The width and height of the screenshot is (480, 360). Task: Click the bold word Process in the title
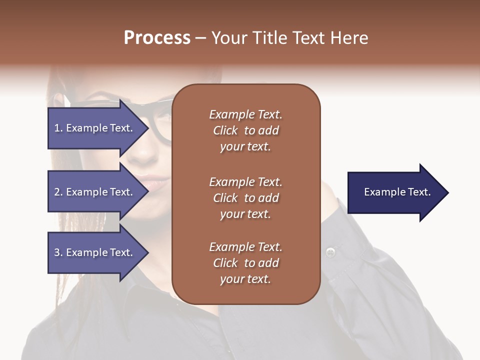coord(157,38)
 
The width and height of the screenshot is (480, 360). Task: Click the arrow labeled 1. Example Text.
coord(95,128)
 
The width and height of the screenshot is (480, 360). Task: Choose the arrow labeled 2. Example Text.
coord(95,192)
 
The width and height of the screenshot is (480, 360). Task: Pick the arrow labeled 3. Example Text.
coord(95,252)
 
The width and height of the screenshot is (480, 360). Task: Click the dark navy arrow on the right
coord(395,192)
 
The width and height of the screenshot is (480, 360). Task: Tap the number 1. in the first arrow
coord(58,128)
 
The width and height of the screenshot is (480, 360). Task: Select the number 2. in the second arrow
coord(58,192)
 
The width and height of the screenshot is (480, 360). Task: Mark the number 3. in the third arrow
coord(58,252)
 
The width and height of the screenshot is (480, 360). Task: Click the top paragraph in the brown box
coord(245,130)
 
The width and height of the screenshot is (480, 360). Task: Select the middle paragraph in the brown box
coord(245,198)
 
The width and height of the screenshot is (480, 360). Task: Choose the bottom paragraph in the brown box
coord(245,263)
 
